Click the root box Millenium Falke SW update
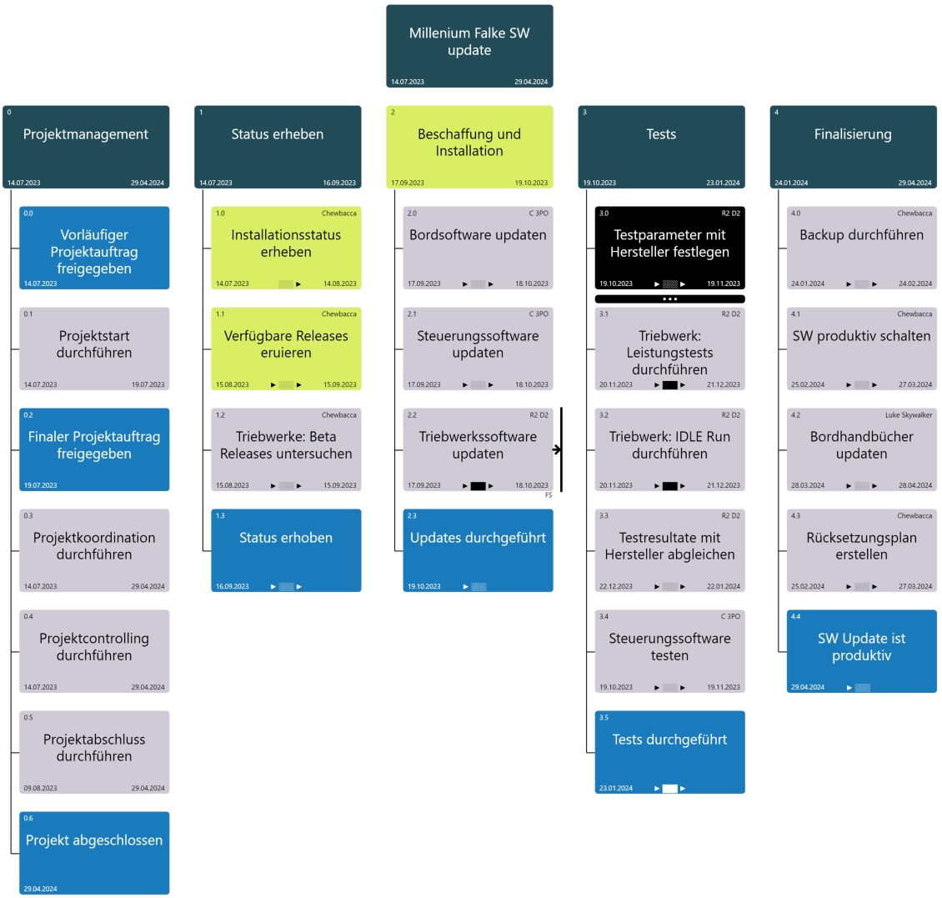click(x=469, y=46)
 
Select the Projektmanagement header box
click(x=86, y=147)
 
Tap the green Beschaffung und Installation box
click(x=469, y=147)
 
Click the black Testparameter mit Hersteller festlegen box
click(x=669, y=248)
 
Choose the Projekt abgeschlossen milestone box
click(x=94, y=852)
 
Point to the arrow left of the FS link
click(x=556, y=450)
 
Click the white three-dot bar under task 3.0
click(x=669, y=298)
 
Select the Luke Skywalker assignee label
click(x=909, y=415)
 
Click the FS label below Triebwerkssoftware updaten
click(x=549, y=495)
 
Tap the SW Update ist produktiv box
click(x=861, y=650)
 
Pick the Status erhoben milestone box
click(x=286, y=549)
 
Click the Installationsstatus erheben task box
click(x=286, y=248)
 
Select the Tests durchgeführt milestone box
click(x=669, y=751)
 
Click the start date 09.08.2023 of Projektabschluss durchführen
click(x=40, y=788)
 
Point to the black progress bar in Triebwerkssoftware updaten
click(x=478, y=485)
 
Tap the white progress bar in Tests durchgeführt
click(x=669, y=788)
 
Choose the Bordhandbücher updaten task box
click(x=861, y=449)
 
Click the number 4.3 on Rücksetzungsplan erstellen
click(x=795, y=516)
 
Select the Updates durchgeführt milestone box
click(x=478, y=549)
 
